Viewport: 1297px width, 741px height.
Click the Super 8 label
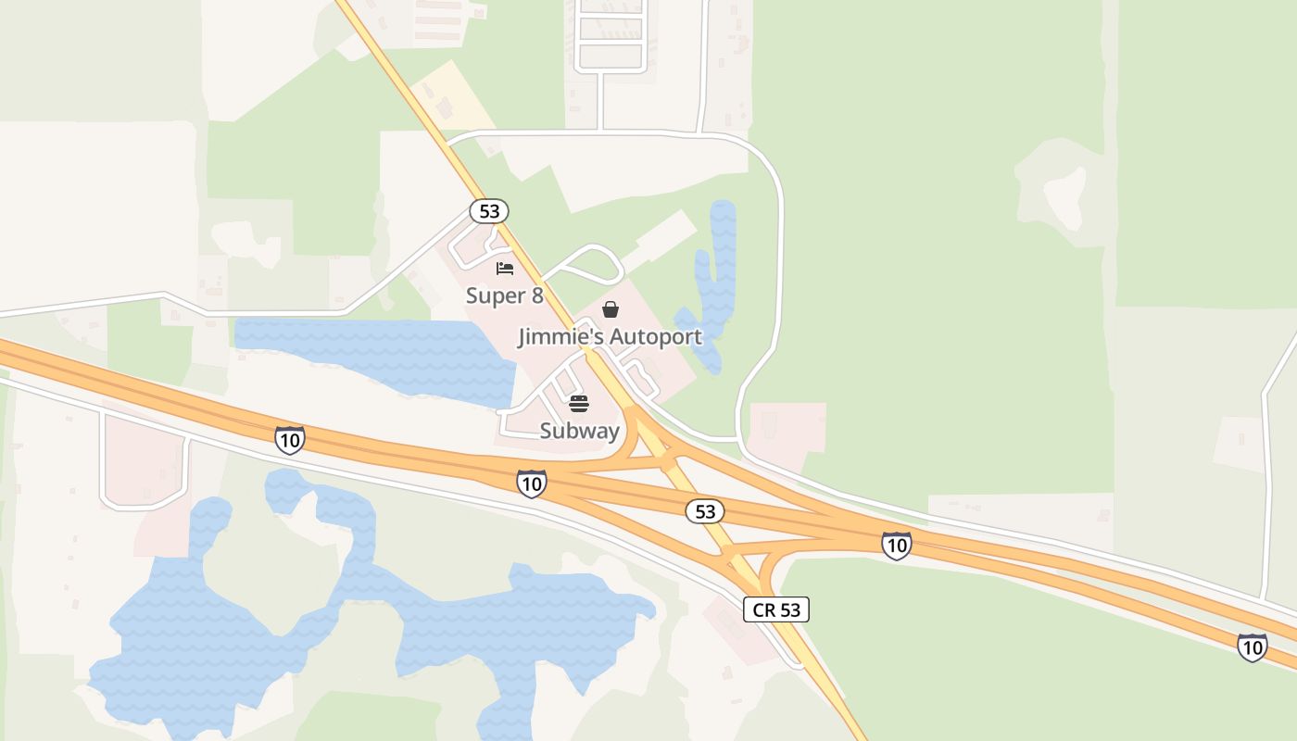(504, 295)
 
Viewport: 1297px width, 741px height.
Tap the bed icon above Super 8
(505, 269)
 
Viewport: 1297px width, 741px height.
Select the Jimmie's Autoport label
(610, 336)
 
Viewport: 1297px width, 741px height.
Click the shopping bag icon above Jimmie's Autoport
(611, 309)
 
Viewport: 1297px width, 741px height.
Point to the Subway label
(579, 431)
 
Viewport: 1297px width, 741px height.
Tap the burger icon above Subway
(579, 404)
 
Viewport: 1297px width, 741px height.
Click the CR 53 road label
(776, 609)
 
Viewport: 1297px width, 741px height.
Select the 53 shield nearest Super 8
(489, 211)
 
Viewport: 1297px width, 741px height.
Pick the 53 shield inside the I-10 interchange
(705, 511)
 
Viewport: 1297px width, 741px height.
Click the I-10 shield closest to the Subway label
(531, 483)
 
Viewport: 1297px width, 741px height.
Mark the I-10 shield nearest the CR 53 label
(896, 546)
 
